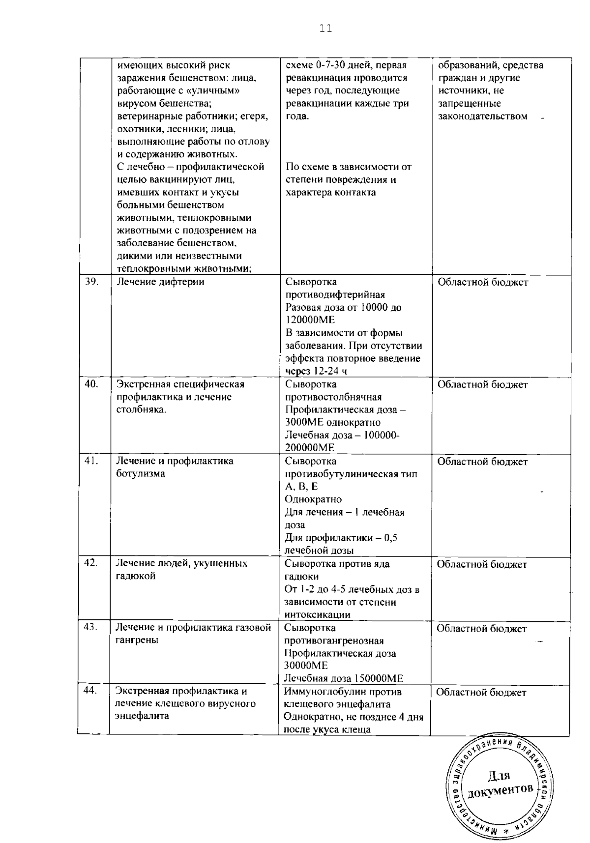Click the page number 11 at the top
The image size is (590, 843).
coord(325,29)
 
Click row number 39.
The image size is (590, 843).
coord(91,282)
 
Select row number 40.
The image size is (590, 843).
coord(91,384)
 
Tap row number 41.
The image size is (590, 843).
coord(91,461)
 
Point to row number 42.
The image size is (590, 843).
coord(91,563)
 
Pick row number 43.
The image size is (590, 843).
coord(91,627)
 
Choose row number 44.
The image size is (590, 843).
coord(91,691)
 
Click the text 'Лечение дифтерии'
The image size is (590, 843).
coord(160,282)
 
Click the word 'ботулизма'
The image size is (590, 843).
coord(140,474)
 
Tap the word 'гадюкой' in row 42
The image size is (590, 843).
coord(135,576)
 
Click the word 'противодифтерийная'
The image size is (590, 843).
coord(335,295)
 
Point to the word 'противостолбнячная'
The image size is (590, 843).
coord(333,397)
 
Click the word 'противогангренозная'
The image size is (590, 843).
coord(334,641)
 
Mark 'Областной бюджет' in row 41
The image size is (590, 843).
coord(482,462)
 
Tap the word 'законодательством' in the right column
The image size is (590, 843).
coord(482,116)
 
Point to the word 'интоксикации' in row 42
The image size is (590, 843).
coord(317,615)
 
